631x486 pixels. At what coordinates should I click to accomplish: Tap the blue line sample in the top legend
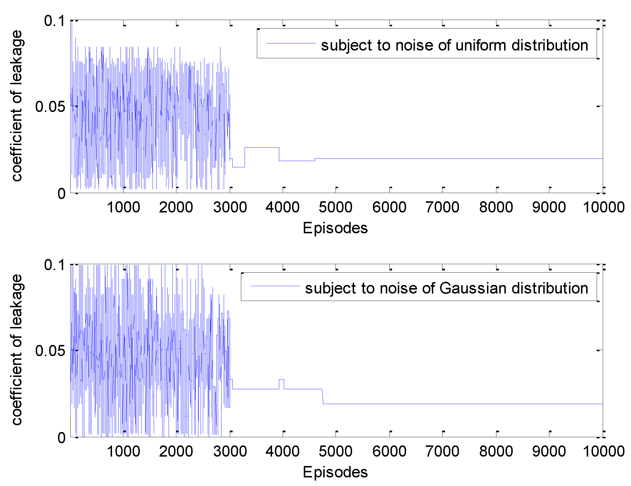point(291,43)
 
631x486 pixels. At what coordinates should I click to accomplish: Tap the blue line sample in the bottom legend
point(275,286)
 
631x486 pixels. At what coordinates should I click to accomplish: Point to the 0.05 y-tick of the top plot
point(50,107)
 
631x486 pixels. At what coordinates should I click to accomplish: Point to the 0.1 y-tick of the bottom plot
point(54,265)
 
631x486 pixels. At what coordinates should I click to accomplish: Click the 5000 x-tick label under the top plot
point(336,207)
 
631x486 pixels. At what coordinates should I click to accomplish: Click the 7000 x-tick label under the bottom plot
point(442,451)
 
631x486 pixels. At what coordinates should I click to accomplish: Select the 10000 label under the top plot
point(604,207)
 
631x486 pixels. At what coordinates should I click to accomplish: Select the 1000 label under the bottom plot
point(123,451)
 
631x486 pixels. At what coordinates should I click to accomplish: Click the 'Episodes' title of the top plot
point(335,228)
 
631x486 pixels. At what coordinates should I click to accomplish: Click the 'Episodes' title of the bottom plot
point(335,472)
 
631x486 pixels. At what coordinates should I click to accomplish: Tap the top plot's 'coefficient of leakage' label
point(17,106)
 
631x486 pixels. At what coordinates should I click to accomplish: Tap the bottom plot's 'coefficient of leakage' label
point(17,350)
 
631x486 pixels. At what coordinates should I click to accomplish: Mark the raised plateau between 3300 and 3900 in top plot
point(262,147)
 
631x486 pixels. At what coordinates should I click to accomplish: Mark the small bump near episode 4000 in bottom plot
point(281,379)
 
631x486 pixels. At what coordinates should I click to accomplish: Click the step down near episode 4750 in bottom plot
point(323,397)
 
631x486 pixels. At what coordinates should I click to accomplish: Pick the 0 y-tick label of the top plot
point(61,194)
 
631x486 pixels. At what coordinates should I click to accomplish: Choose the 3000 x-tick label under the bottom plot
point(230,451)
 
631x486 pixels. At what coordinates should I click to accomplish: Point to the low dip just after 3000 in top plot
point(239,167)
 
